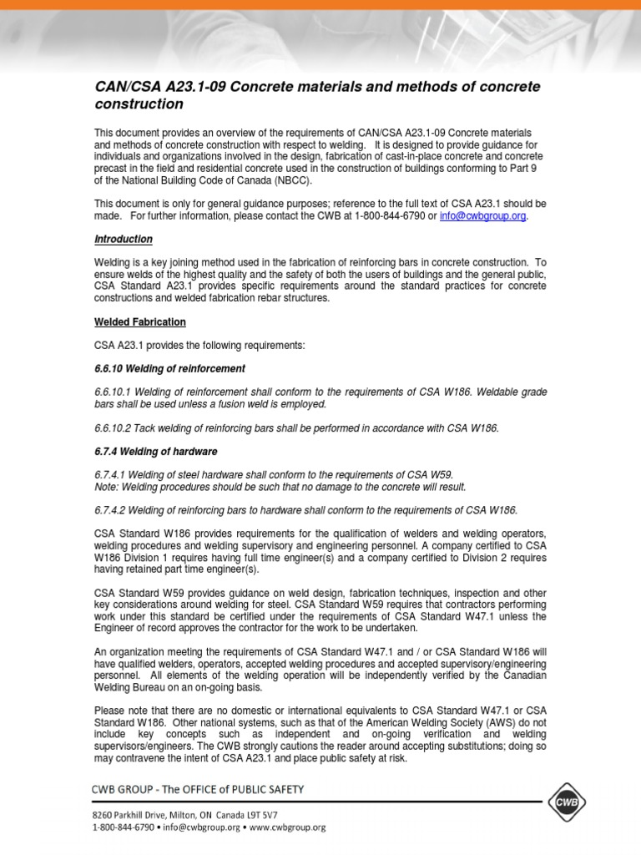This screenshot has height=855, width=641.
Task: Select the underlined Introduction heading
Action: point(123,239)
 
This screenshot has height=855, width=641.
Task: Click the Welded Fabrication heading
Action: point(139,321)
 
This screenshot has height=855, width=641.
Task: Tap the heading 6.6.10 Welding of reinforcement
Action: point(169,368)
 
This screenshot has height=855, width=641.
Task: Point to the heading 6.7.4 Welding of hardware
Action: point(155,451)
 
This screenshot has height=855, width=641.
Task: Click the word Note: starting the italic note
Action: point(106,486)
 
